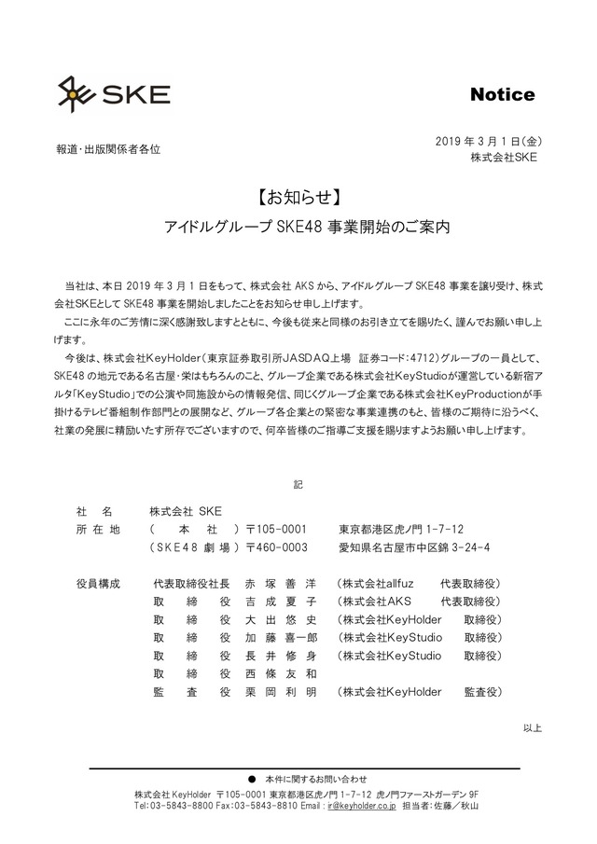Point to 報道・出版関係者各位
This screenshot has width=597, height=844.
[108, 148]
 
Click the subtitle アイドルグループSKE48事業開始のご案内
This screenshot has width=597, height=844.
[299, 227]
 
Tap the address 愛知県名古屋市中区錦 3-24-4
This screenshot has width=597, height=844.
[414, 547]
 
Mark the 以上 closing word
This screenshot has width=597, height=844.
[532, 727]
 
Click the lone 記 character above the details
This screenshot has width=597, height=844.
[298, 485]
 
